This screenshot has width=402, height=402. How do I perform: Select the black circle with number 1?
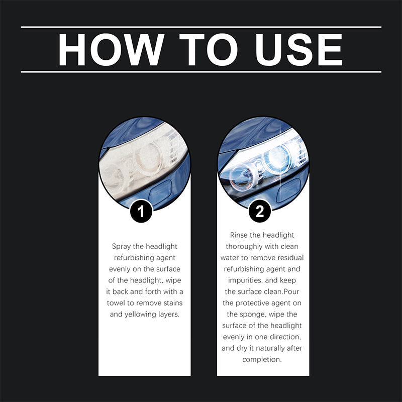[x=141, y=212]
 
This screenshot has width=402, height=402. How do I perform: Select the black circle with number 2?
[x=260, y=212]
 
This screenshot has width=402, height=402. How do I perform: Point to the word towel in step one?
[x=118, y=303]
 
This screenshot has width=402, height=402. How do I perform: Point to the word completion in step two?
[x=263, y=359]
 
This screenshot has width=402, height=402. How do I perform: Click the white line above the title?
[x=201, y=27]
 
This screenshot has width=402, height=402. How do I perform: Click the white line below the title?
[x=201, y=72]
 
